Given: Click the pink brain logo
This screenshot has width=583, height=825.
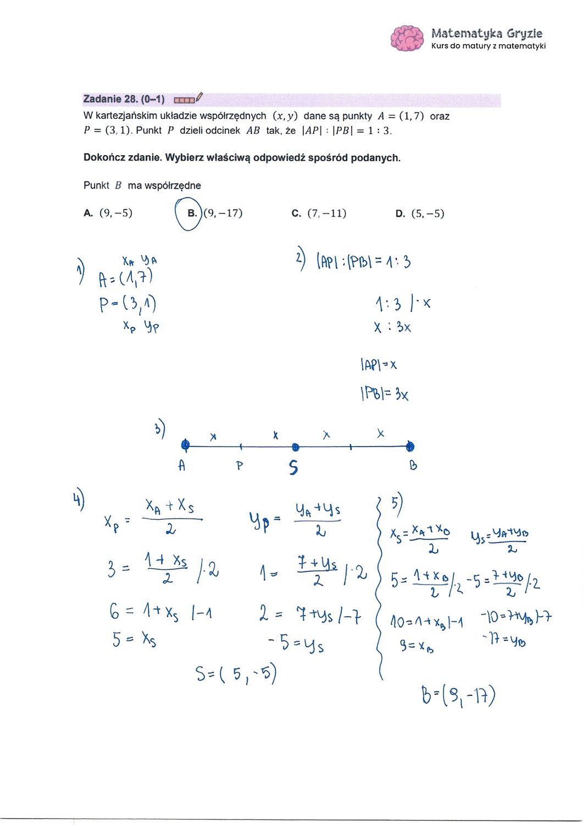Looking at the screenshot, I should point(407,38).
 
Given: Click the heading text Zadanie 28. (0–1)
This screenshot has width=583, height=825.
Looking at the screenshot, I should point(124,100).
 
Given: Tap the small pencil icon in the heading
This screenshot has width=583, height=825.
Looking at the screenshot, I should point(198,98).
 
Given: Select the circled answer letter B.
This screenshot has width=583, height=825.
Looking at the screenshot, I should point(192,213).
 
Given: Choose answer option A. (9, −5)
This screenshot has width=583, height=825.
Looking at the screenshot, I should point(108,213).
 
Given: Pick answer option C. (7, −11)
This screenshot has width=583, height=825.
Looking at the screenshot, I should point(319,213).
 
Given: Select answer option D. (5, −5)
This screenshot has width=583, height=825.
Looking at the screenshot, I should point(419,213).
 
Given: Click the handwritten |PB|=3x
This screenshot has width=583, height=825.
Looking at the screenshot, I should point(384,394).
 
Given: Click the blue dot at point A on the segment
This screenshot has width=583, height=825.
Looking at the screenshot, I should point(185,445).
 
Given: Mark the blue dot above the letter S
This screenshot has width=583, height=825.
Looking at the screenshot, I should point(295,447).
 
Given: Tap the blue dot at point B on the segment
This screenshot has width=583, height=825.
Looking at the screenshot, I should point(410,447).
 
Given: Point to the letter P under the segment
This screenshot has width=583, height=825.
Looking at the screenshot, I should point(240,466).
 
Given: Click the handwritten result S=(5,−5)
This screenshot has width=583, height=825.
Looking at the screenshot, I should point(236,673).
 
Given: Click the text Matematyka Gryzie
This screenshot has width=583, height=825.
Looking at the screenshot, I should point(486,34).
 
